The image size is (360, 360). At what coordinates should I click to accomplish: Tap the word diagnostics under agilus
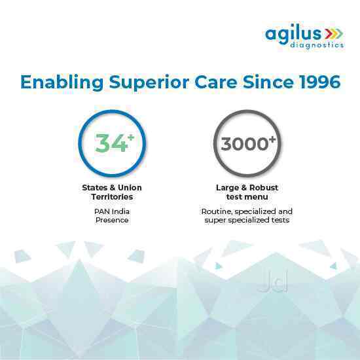tap(315, 45)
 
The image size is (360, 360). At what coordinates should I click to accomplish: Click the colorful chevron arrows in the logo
tap(334, 32)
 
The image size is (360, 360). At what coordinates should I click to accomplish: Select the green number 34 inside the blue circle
tap(109, 143)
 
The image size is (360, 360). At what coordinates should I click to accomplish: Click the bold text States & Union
tap(112, 188)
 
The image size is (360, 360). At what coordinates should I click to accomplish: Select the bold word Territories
tap(112, 196)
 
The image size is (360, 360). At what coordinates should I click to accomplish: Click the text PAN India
tap(112, 211)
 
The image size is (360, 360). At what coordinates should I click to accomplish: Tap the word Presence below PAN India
tap(112, 221)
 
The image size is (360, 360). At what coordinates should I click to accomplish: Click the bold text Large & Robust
tap(246, 188)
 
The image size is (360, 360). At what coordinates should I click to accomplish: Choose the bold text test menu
tap(246, 196)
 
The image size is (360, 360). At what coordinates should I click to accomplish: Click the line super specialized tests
tap(246, 221)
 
